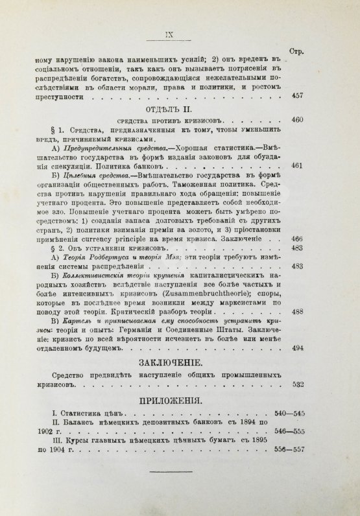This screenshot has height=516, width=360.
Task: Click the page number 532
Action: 331,384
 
